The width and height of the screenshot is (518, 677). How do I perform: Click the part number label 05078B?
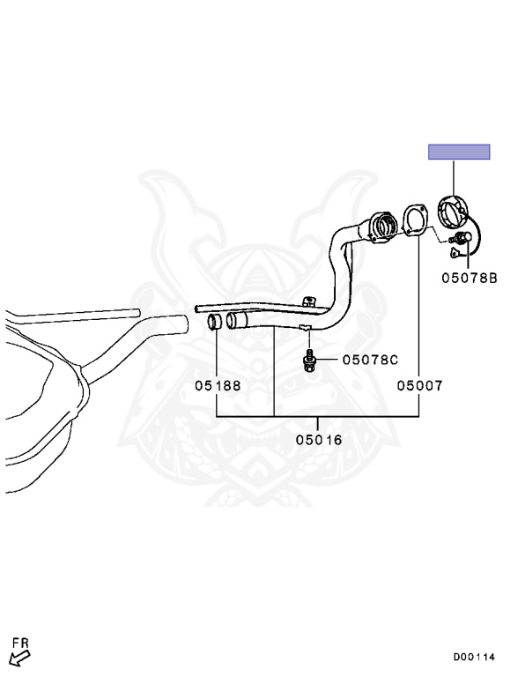(470, 278)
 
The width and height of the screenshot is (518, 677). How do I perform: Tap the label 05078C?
(370, 360)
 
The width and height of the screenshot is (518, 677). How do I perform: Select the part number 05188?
(218, 385)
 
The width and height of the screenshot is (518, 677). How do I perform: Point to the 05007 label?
(419, 385)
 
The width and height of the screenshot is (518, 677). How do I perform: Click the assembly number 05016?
(319, 440)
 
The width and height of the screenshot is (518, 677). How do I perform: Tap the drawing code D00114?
(474, 657)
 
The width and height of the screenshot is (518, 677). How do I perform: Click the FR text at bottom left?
(20, 644)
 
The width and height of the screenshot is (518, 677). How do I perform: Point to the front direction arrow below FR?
(20, 658)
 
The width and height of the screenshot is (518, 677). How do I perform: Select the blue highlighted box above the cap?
(459, 152)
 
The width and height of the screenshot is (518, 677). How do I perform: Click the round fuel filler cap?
(452, 211)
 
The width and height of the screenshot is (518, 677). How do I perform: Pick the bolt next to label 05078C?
(309, 360)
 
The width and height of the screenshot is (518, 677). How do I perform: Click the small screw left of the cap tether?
(457, 237)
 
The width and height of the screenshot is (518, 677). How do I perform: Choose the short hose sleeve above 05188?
(215, 322)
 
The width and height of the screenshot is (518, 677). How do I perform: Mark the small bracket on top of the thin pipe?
(308, 301)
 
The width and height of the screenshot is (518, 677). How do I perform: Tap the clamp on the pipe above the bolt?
(306, 327)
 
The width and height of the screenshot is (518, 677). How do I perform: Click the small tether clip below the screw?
(453, 252)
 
